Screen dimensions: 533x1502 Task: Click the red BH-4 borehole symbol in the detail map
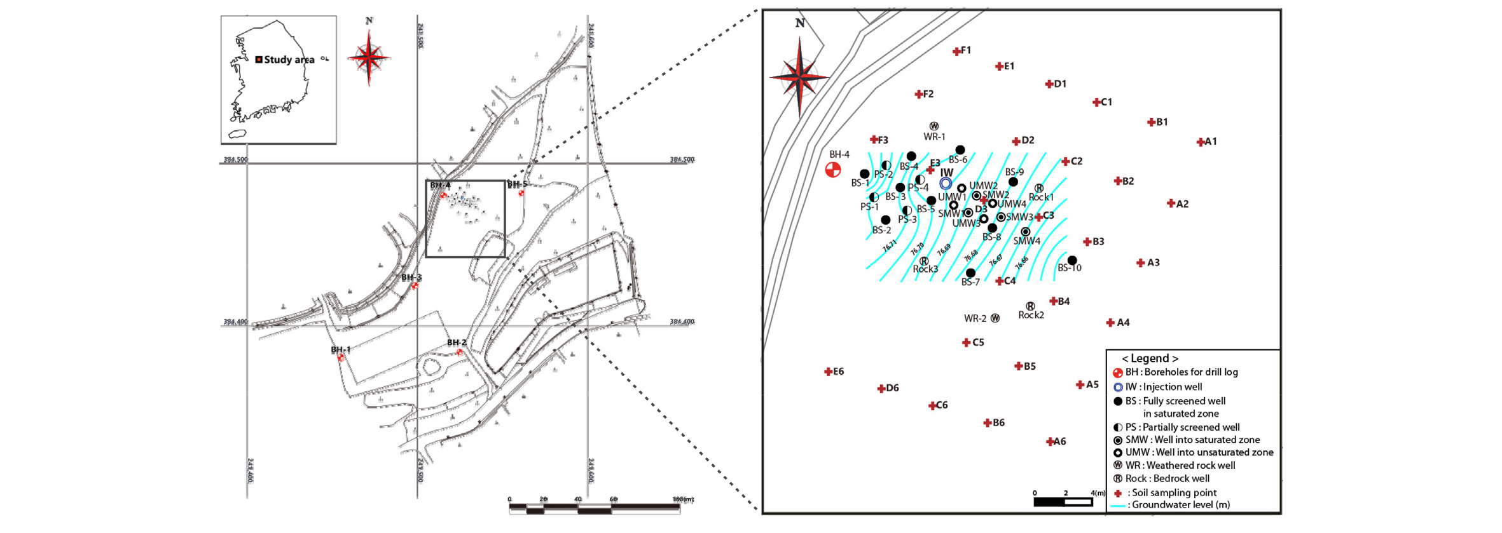click(x=832, y=170)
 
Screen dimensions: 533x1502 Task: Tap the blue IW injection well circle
click(x=946, y=184)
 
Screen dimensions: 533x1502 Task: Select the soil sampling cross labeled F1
click(x=956, y=51)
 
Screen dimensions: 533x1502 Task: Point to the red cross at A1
click(x=1200, y=142)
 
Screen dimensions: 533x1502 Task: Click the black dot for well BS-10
click(x=1072, y=260)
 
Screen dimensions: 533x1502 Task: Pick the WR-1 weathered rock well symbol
click(x=934, y=126)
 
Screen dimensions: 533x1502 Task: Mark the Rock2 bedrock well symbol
click(x=1030, y=306)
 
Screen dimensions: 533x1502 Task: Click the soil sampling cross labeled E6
click(x=828, y=372)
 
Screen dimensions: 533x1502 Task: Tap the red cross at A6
click(x=1050, y=442)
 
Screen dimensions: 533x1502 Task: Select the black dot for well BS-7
click(x=970, y=273)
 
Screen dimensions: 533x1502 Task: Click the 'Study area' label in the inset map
click(x=289, y=60)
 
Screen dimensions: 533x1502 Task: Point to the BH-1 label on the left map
click(x=340, y=350)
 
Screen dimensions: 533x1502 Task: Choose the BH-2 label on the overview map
click(x=456, y=342)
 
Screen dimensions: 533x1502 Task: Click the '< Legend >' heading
click(x=1149, y=358)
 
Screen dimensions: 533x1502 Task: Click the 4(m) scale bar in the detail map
click(x=1063, y=502)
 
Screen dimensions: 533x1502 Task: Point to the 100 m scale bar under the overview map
click(x=595, y=507)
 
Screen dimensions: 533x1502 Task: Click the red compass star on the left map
click(x=369, y=58)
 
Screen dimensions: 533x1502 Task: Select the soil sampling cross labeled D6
click(x=881, y=389)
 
